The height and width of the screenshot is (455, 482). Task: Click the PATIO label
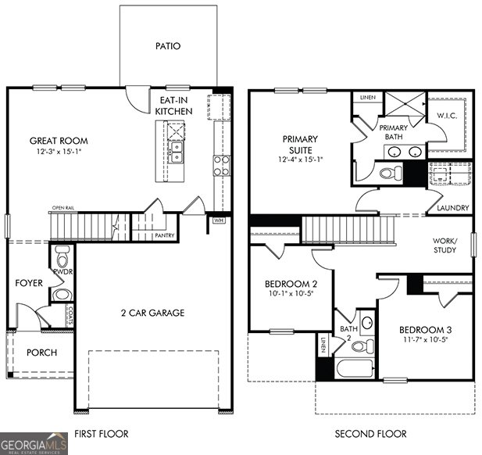click(168, 46)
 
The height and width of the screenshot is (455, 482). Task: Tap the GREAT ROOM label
click(59, 141)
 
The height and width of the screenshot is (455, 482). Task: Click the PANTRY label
click(165, 235)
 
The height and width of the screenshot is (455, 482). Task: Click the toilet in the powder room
click(62, 256)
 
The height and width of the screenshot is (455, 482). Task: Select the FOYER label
click(29, 283)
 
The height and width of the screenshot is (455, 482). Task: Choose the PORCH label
click(41, 353)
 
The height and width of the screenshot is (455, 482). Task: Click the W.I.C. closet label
click(447, 116)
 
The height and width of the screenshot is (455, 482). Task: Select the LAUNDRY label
click(453, 208)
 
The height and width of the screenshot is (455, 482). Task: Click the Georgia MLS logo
click(34, 443)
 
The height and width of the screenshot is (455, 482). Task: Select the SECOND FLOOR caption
click(371, 433)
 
